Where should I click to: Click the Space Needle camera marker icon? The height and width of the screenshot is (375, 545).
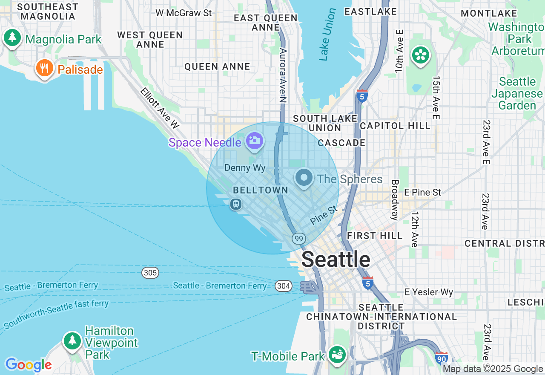pos(255,140)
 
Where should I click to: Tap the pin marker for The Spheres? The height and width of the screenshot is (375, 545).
pos(304,177)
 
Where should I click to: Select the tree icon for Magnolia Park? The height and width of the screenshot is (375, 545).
pos(12,37)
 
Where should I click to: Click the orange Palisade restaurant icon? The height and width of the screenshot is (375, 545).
pos(44,68)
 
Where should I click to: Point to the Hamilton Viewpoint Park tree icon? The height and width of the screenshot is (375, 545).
pos(72,340)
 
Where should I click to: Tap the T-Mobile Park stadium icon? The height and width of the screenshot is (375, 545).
pos(337,354)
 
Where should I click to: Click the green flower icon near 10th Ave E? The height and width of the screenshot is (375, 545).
pos(420,55)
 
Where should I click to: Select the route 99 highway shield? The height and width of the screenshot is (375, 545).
pos(299,239)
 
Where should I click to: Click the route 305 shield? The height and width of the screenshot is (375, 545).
pos(150,272)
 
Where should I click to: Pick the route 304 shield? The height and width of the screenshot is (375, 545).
pos(283,286)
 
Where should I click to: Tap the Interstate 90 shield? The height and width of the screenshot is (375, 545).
pos(442,358)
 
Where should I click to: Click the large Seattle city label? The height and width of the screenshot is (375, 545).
pos(336,260)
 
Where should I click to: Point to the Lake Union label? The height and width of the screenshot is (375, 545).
pos(327,34)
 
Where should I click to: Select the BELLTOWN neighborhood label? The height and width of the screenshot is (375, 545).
pos(260,190)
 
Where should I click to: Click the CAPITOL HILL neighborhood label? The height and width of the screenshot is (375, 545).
pos(395,126)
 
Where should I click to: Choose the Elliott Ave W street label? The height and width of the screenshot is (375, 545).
pos(160,108)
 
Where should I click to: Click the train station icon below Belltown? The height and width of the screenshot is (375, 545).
pos(235,204)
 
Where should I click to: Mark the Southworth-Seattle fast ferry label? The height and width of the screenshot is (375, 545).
pos(56,314)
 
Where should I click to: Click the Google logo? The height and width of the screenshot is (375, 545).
pos(29,365)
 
